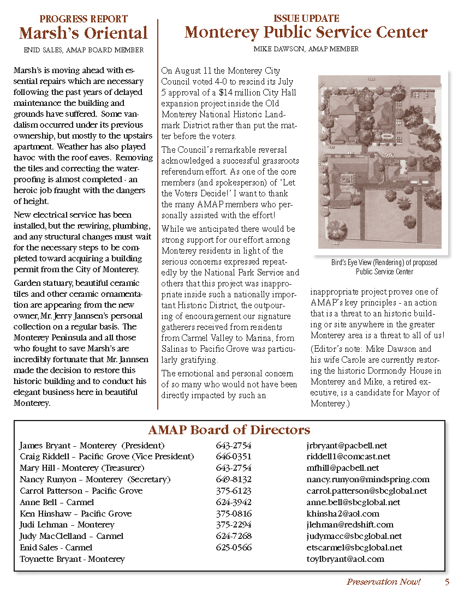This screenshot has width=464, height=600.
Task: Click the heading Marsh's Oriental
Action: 84,33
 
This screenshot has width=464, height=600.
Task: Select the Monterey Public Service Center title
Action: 306,32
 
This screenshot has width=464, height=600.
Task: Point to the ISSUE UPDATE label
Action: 306,19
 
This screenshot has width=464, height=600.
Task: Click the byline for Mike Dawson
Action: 306,49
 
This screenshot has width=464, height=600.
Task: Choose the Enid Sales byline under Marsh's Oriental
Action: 84,50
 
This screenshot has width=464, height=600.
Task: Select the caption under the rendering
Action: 384,267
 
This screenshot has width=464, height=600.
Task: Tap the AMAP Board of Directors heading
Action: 229,430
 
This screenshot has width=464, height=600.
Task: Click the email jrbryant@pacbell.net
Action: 347,445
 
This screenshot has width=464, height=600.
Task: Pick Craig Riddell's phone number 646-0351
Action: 234,457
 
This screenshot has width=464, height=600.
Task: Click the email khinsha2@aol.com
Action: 343,514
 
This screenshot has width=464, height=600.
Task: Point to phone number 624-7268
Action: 234,536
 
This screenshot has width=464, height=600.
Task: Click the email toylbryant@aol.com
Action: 346,559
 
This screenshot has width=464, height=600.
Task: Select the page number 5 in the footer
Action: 447,582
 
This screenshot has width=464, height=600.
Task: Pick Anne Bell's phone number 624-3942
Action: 234,502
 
